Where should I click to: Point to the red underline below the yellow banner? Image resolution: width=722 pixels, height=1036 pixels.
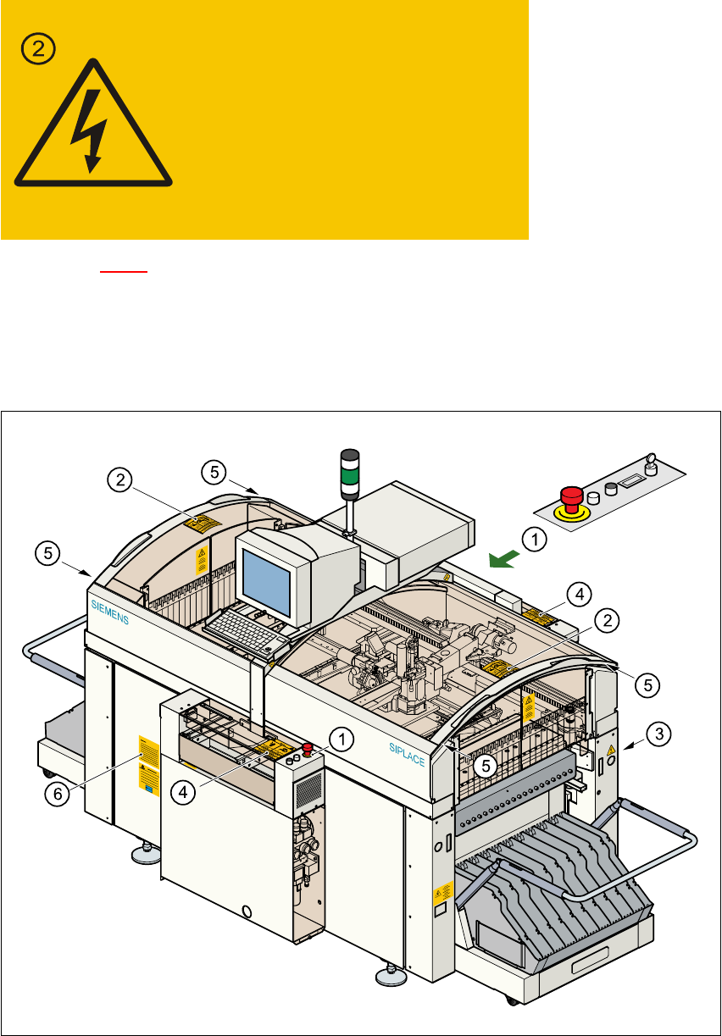tap(124, 272)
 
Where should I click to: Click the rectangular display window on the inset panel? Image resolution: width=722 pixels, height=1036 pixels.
tap(630, 481)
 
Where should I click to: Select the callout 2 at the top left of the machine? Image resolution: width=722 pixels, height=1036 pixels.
tap(121, 479)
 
